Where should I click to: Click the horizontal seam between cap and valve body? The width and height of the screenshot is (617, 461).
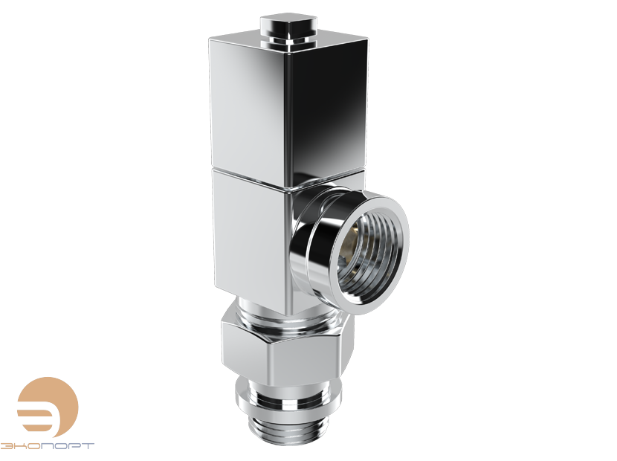[249, 168]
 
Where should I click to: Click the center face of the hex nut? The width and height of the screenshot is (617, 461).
[290, 353]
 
